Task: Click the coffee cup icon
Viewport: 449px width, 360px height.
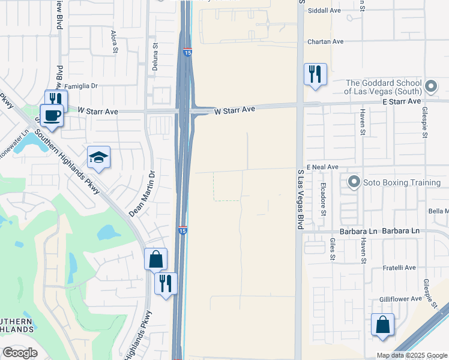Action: (52, 115)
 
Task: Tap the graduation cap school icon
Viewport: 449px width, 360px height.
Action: (98, 157)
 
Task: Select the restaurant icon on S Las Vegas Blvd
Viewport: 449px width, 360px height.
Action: (315, 74)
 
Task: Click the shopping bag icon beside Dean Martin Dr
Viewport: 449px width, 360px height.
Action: (155, 259)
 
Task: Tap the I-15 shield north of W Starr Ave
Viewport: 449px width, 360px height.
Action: (187, 53)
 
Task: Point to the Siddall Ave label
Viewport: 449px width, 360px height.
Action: (324, 11)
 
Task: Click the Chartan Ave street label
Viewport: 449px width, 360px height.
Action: (325, 41)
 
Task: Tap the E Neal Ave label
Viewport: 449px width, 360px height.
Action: (322, 167)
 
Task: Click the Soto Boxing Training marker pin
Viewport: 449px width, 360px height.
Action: (354, 181)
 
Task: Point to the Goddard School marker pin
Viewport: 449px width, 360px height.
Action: (430, 87)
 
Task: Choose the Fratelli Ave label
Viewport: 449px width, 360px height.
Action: (400, 268)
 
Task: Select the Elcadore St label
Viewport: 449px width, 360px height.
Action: (323, 199)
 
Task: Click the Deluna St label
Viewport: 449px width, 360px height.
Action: (154, 53)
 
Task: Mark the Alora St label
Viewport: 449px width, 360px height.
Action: (113, 44)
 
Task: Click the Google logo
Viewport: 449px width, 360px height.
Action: (20, 353)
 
